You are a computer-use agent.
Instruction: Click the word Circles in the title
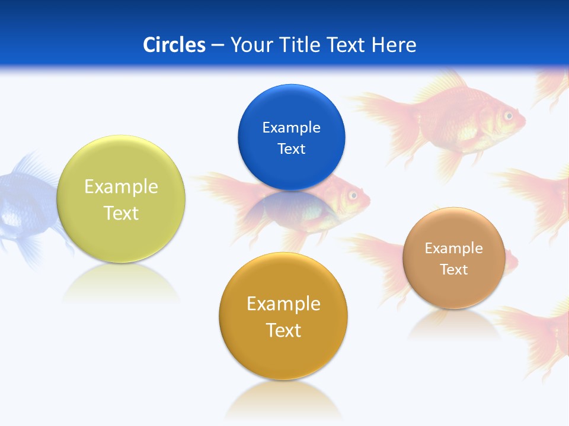[x=174, y=45]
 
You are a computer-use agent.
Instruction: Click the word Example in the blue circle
[x=291, y=127]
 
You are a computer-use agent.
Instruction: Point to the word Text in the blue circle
[x=291, y=149]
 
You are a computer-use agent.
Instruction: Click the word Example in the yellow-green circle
[x=121, y=186]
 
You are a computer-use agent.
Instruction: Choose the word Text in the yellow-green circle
[x=121, y=213]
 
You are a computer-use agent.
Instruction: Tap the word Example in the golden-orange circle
[x=283, y=304]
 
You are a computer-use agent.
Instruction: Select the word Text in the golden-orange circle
[x=283, y=330]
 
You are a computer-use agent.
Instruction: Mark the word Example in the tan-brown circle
[x=453, y=248]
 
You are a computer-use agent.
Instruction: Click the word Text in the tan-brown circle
[x=453, y=269]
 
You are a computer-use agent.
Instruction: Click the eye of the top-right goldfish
[x=508, y=116]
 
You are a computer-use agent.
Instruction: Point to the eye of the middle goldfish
[x=354, y=195]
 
